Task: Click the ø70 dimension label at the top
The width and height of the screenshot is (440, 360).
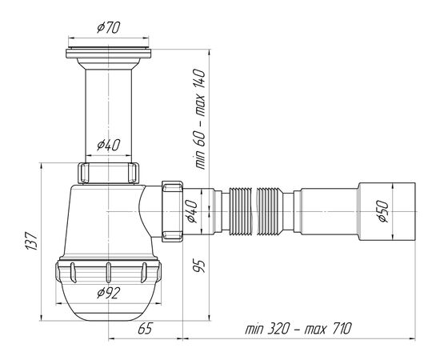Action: [109, 27]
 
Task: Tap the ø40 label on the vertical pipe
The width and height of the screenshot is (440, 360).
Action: [109, 145]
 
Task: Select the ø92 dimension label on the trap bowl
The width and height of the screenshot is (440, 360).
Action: [109, 294]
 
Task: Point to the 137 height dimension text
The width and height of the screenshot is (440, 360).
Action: [31, 241]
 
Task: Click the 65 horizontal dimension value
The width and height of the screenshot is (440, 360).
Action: [145, 329]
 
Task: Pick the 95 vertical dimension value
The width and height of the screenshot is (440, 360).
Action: [199, 266]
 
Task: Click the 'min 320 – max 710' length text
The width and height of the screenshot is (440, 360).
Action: [298, 329]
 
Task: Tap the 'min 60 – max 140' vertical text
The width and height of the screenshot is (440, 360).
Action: [200, 119]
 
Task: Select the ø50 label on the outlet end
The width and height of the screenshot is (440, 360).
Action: [383, 211]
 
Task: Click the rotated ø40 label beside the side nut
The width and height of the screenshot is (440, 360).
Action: [194, 211]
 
